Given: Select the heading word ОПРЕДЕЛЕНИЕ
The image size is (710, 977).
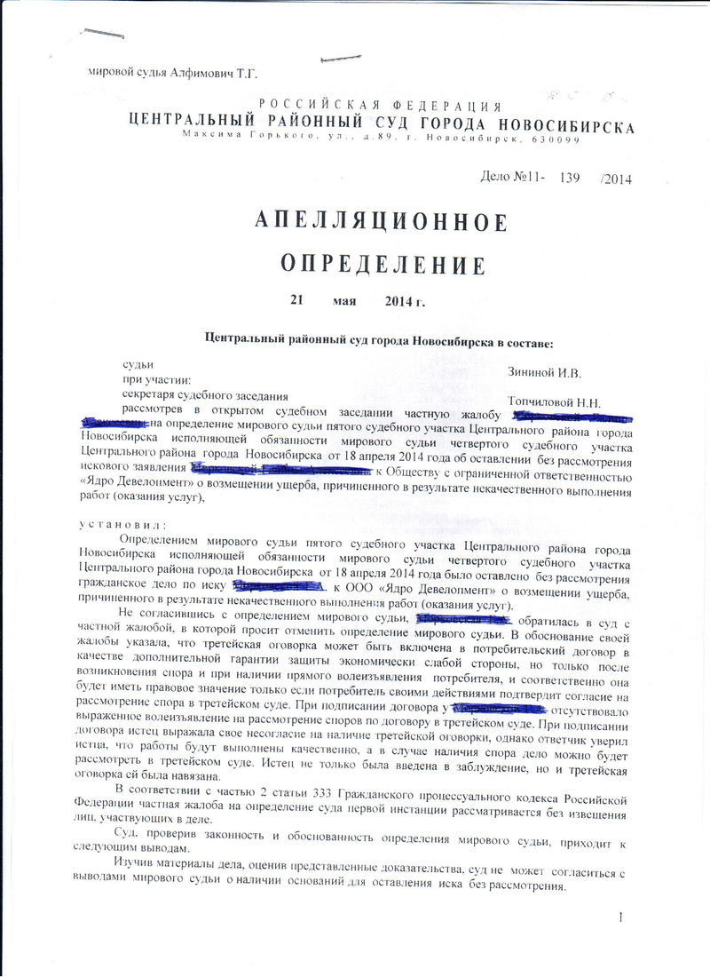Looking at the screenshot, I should tap(383, 264).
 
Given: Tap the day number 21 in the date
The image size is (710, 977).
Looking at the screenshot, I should tap(296, 300).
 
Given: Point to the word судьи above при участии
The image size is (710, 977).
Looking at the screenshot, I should tap(138, 365).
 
